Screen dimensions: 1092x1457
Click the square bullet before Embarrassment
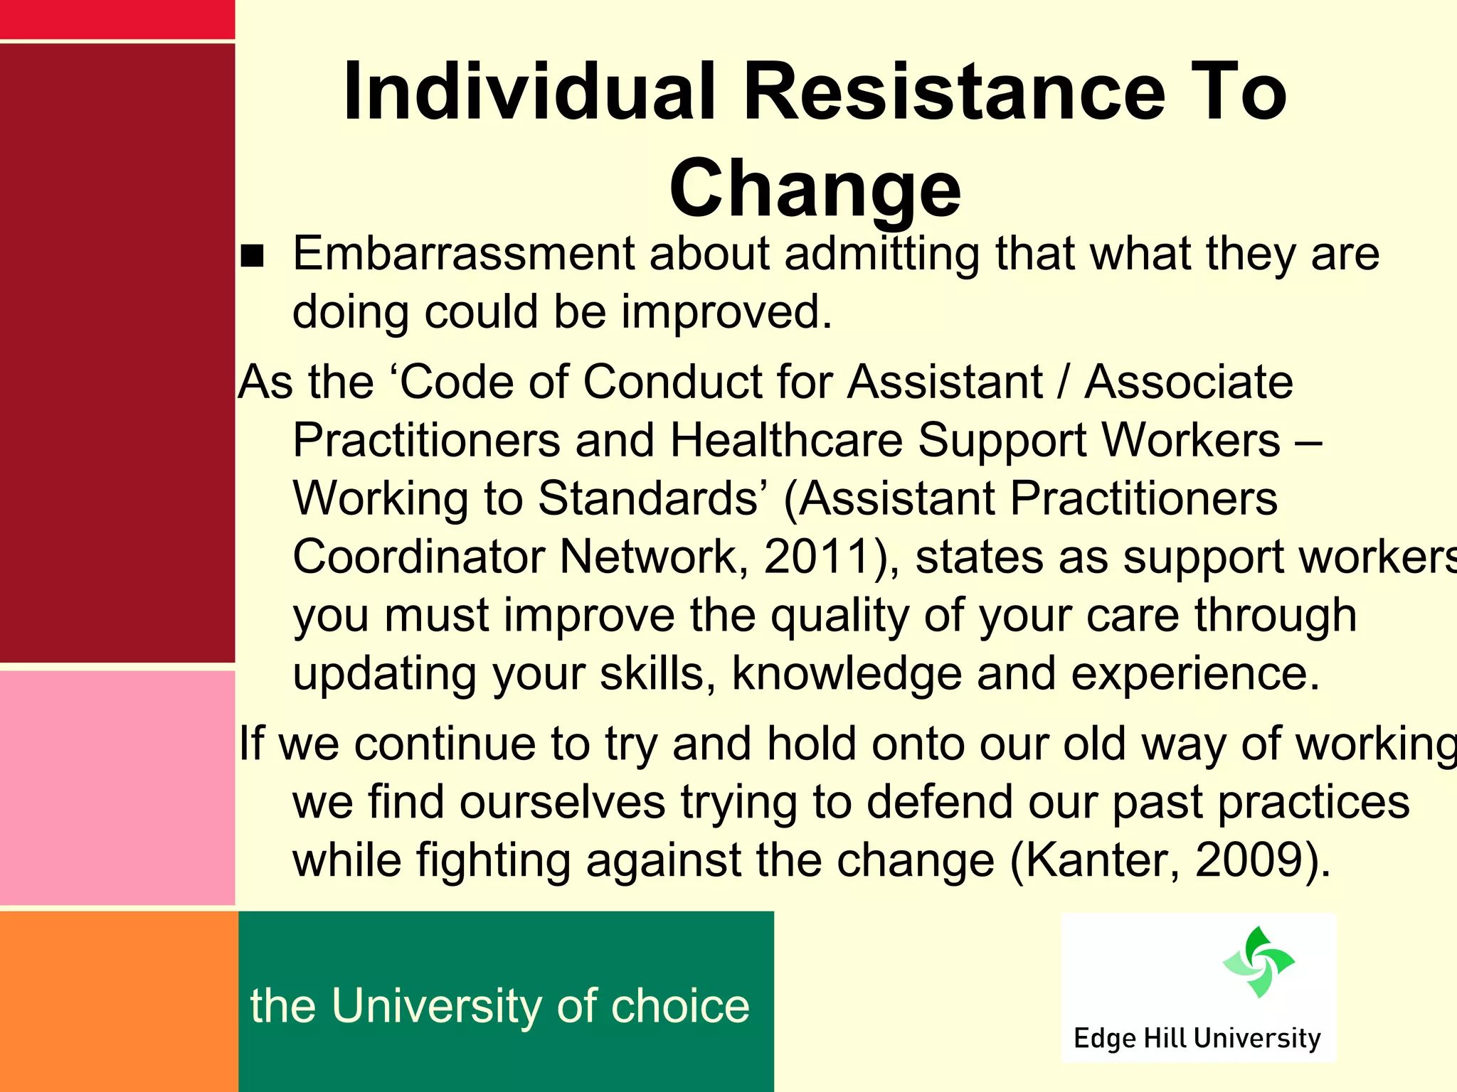pyautogui.click(x=252, y=256)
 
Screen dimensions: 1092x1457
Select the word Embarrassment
pyautogui.click(x=463, y=254)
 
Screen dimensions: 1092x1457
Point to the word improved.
pyautogui.click(x=726, y=313)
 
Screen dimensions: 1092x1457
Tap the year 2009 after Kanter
pyautogui.click(x=1256, y=860)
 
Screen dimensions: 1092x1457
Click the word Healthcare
pyautogui.click(x=787, y=441)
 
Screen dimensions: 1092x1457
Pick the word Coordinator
pyautogui.click(x=418, y=557)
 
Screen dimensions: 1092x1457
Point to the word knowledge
pyautogui.click(x=847, y=673)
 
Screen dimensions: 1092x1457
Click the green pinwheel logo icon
pyautogui.click(x=1258, y=961)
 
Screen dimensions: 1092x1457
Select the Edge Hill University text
pyautogui.click(x=1197, y=1038)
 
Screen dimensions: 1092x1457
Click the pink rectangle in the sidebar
pyautogui.click(x=117, y=788)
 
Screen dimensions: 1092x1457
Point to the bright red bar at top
pyautogui.click(x=117, y=19)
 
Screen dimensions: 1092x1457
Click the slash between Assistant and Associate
pyautogui.click(x=1064, y=382)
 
